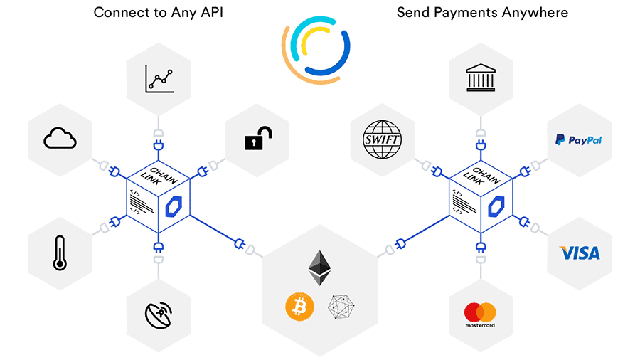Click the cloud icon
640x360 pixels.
60,138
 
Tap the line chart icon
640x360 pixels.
159,79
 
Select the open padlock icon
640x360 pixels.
258,138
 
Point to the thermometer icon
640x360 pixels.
60,253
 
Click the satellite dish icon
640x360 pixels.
159,314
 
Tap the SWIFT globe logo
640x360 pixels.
382,139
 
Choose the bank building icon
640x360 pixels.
481,78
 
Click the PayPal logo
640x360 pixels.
578,140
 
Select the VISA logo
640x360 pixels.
580,253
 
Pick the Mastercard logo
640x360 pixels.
480,314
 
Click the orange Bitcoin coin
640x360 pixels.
299,307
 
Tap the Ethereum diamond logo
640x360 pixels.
319,268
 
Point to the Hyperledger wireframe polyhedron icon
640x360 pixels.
341,307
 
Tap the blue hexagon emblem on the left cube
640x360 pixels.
174,206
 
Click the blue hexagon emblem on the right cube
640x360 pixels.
496,206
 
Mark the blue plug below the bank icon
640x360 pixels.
481,145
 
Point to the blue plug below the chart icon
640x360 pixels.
159,145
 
